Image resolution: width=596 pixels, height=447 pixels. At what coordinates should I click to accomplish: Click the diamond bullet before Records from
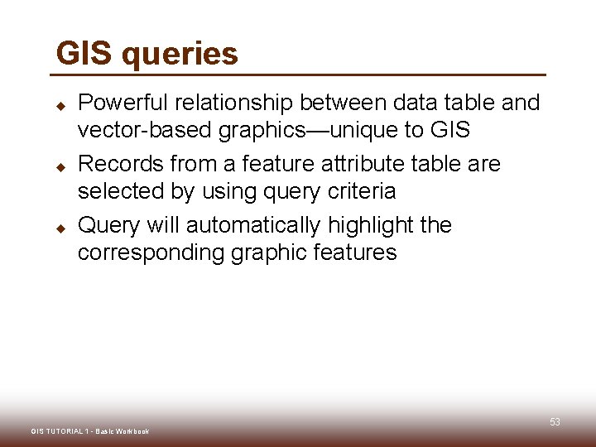click(x=60, y=167)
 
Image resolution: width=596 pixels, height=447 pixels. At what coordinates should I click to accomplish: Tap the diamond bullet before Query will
click(x=60, y=228)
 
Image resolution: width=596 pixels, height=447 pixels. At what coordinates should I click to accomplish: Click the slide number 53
click(x=555, y=422)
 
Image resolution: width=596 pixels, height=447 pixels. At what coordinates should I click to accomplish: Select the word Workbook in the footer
click(x=132, y=431)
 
